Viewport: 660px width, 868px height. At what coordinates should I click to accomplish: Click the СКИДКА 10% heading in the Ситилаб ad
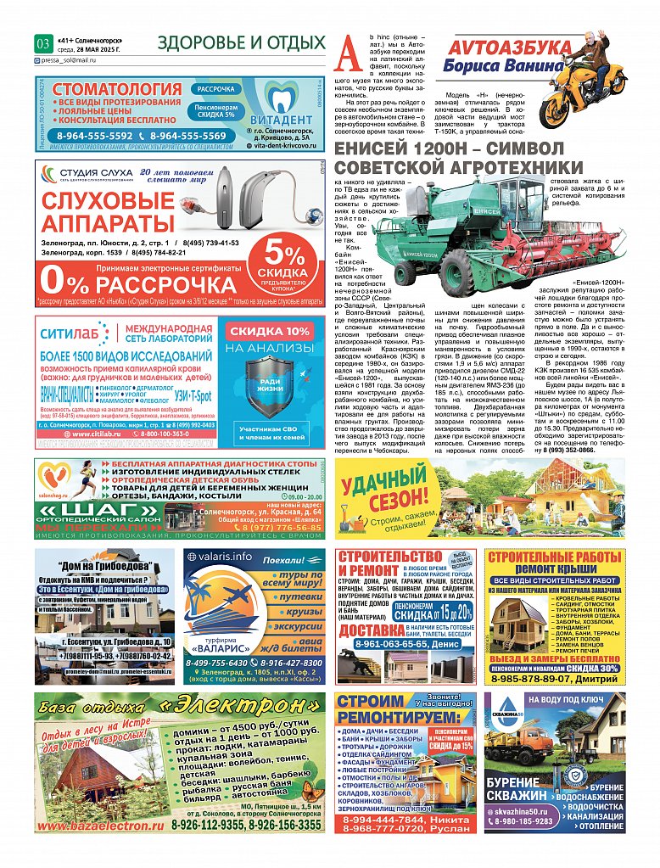pos(271,332)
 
